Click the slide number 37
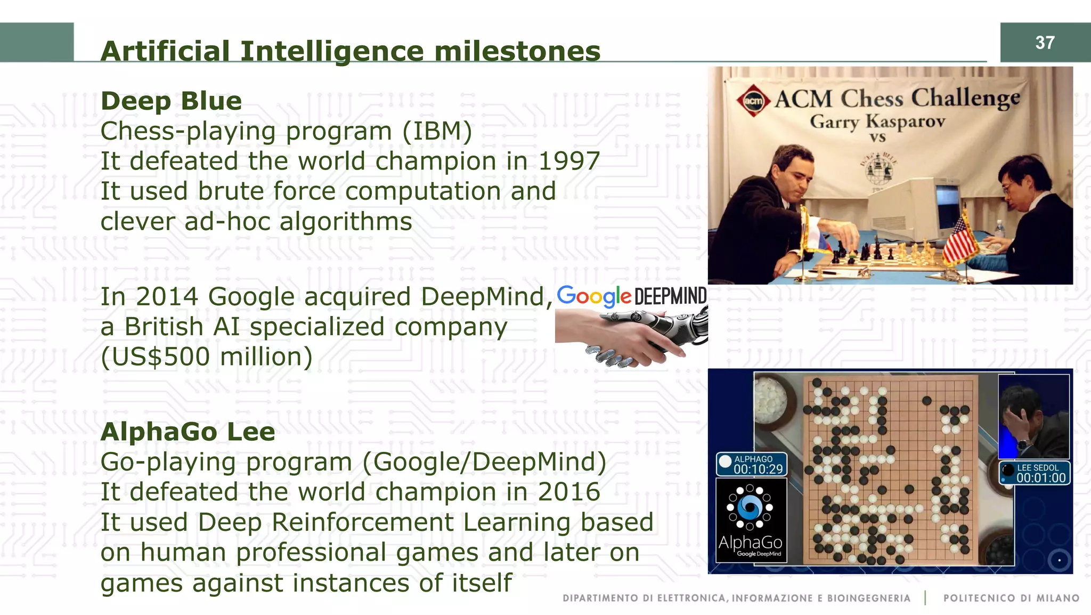point(1045,43)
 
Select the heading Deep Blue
point(171,101)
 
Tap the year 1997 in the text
point(569,161)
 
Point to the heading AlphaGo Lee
point(188,432)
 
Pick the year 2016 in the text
point(569,492)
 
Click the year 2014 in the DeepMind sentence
point(167,297)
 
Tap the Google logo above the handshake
point(594,296)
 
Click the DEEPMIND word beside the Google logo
point(671,296)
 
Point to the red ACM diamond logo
point(753,101)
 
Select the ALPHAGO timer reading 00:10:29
point(758,469)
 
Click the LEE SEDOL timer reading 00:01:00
point(1041,478)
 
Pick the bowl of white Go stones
point(771,401)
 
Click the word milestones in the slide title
point(517,51)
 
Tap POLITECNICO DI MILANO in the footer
point(1011,598)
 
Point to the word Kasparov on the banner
point(905,122)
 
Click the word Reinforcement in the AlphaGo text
point(363,522)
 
